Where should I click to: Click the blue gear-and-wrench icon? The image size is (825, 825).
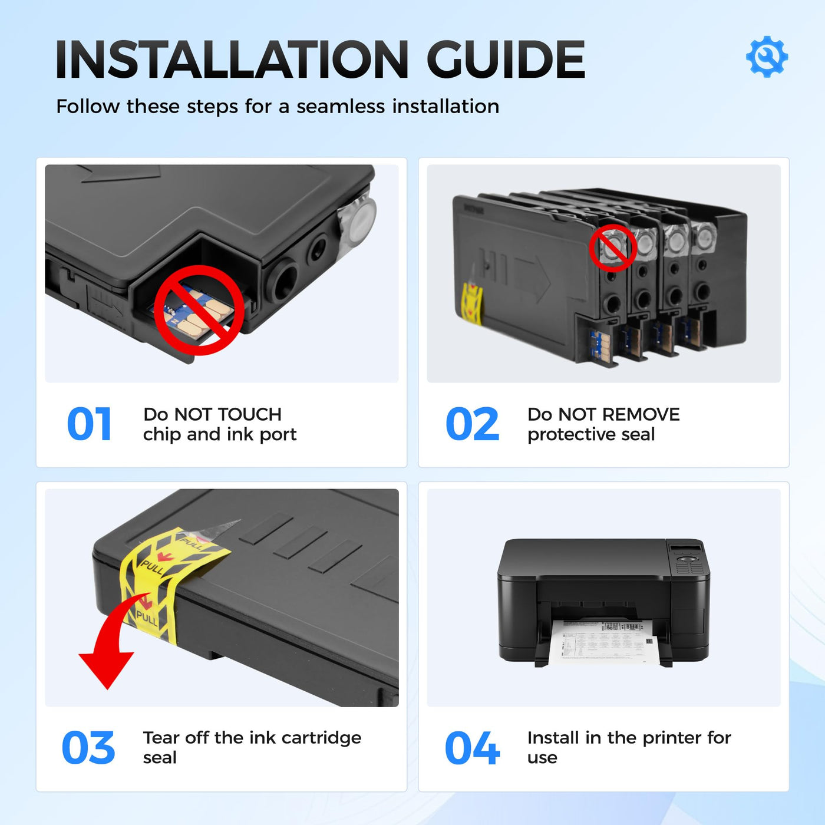[766, 57]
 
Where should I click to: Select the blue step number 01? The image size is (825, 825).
[89, 424]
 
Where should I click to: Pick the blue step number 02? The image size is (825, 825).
[472, 424]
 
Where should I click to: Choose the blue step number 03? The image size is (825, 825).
[88, 748]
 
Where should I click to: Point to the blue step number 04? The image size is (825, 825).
[472, 748]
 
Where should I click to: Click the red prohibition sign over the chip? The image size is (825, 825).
[199, 310]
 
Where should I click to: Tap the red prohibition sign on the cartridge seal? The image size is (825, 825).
[613, 248]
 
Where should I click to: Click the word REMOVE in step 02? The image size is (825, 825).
[641, 414]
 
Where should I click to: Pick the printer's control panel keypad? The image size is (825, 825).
[689, 564]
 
